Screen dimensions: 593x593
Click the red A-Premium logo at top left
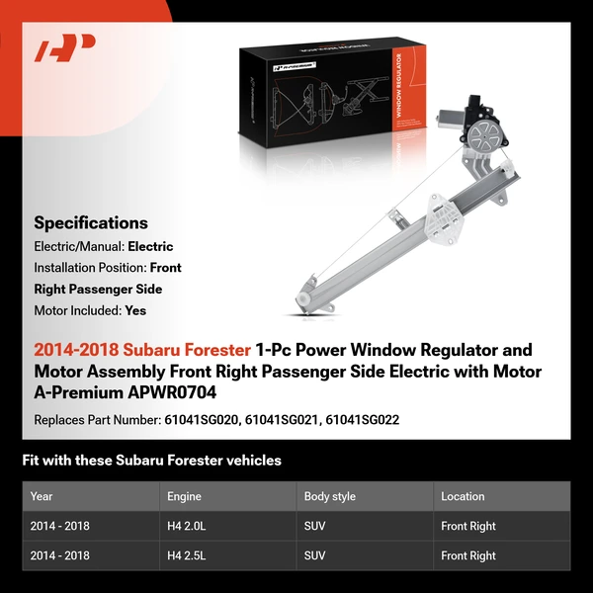pos(65,48)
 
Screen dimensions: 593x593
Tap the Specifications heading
pos(91,223)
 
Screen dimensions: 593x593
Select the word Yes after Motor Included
pos(136,309)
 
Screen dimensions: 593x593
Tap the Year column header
pos(42,496)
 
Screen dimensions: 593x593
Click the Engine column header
pos(186,496)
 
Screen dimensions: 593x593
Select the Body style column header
pos(330,496)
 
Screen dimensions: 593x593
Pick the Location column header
pos(463,496)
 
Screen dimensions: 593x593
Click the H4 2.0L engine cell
pos(188,526)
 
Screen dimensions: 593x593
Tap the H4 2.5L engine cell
pos(188,555)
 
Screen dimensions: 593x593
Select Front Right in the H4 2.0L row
pos(468,526)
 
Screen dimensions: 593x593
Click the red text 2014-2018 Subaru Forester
pos(142,350)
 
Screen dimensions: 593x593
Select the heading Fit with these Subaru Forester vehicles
pos(151,461)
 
